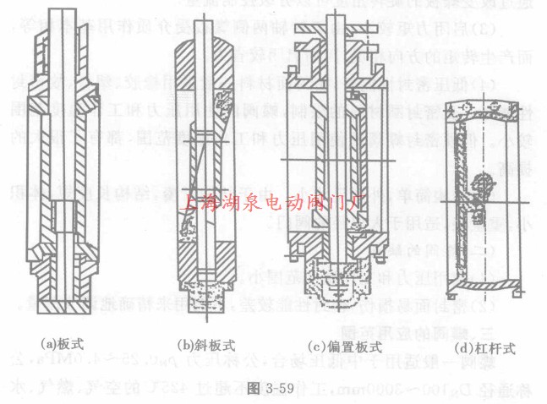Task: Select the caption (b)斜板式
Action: (204, 344)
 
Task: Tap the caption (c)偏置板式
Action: (334, 344)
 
